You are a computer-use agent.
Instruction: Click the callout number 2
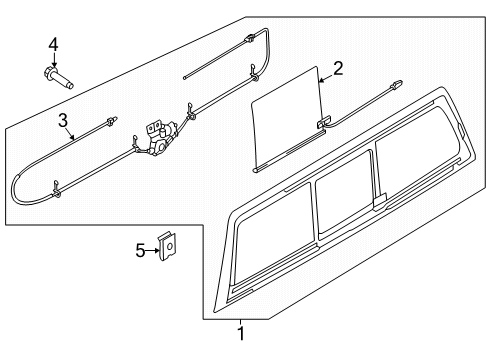click(x=337, y=68)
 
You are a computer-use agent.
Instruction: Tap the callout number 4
click(x=53, y=43)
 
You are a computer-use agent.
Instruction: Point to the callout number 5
click(x=139, y=251)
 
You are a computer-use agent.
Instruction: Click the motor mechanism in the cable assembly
click(x=160, y=137)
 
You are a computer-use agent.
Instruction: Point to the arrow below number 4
click(x=54, y=58)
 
